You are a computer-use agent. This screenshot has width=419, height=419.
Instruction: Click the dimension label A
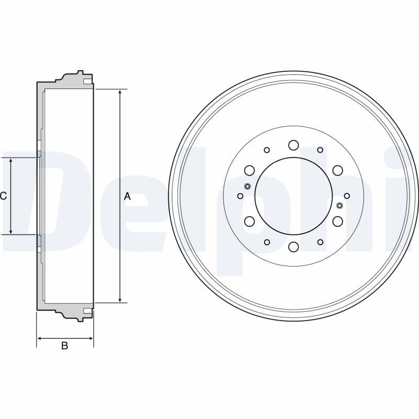[127, 197]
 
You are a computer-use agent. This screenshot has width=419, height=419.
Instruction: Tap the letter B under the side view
[64, 346]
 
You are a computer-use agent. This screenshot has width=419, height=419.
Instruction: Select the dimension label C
[4, 196]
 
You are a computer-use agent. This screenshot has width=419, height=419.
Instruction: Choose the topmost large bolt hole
[293, 145]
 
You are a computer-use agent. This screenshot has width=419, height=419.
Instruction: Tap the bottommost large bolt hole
[293, 247]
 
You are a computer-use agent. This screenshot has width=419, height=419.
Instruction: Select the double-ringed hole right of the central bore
[339, 205]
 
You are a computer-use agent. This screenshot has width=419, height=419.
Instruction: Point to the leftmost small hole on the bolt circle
[240, 196]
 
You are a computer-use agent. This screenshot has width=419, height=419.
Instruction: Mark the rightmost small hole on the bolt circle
[347, 196]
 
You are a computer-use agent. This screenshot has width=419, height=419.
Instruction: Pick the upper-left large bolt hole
[249, 170]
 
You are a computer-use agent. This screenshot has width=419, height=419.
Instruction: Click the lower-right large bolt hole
[337, 222]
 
